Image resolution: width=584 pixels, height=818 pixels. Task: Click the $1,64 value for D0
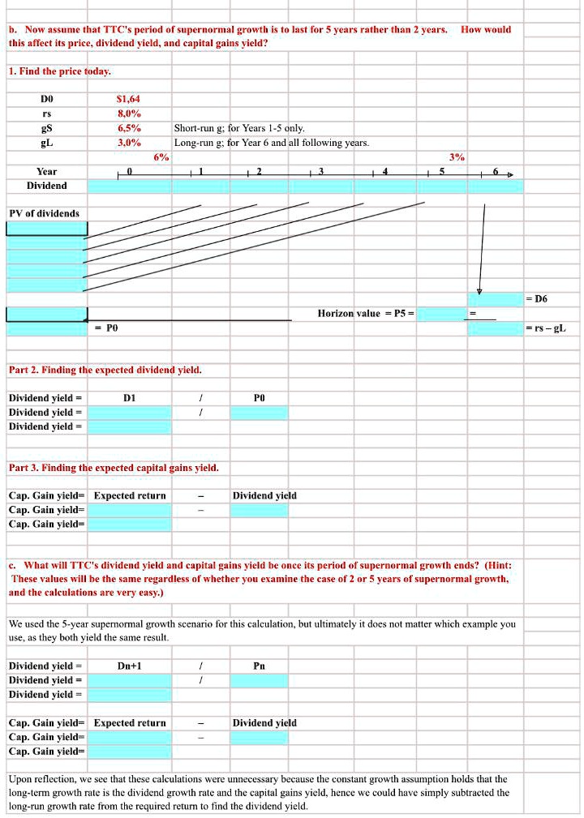click(129, 99)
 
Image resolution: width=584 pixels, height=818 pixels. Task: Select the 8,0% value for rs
click(129, 113)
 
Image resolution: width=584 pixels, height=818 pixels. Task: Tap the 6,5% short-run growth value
click(129, 128)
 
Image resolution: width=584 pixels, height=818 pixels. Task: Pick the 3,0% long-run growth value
click(129, 143)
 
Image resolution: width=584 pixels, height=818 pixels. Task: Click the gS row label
click(46, 128)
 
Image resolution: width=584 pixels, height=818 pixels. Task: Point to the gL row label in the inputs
click(46, 143)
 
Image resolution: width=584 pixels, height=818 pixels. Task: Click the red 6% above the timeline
click(161, 157)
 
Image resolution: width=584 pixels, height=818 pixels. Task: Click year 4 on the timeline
click(385, 172)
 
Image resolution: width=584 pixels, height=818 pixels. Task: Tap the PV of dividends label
click(44, 213)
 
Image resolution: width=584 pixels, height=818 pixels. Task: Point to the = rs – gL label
click(546, 328)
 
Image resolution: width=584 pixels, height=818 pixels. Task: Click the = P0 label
click(106, 328)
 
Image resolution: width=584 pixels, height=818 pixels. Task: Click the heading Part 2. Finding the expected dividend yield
click(105, 370)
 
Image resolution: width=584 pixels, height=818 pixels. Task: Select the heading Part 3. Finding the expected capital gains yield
click(114, 468)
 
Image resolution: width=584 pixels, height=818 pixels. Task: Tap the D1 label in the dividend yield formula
click(129, 398)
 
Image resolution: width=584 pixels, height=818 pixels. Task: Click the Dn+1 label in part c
click(129, 666)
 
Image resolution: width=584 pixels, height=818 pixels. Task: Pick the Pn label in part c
click(259, 666)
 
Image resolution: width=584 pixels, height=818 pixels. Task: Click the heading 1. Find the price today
click(59, 71)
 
